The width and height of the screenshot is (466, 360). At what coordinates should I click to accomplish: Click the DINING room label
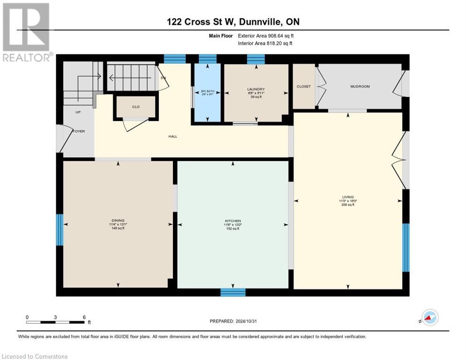[118, 220]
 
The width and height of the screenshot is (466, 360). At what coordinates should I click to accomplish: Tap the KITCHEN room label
[233, 221]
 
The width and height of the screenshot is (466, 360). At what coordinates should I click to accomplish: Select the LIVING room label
[348, 197]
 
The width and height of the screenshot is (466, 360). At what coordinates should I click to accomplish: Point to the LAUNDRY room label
[256, 89]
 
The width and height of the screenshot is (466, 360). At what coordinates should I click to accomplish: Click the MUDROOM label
[360, 87]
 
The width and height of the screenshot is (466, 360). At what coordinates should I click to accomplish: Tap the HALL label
[173, 136]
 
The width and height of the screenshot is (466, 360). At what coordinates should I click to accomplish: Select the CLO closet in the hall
[135, 107]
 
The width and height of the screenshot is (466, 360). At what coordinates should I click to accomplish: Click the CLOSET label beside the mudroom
[304, 87]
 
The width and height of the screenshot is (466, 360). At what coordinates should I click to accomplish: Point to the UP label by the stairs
[78, 112]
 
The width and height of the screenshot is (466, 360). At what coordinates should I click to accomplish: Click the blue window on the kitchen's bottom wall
[233, 292]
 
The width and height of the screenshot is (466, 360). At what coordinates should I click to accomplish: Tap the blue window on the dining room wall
[60, 230]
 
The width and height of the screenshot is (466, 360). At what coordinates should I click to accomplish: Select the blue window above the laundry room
[256, 59]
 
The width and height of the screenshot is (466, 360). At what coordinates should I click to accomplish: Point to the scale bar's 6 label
[84, 317]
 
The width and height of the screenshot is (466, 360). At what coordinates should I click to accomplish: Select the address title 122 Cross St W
[233, 22]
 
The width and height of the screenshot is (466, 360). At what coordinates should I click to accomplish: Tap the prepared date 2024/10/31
[233, 321]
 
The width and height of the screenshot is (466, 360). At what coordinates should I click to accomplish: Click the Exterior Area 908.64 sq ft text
[265, 36]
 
